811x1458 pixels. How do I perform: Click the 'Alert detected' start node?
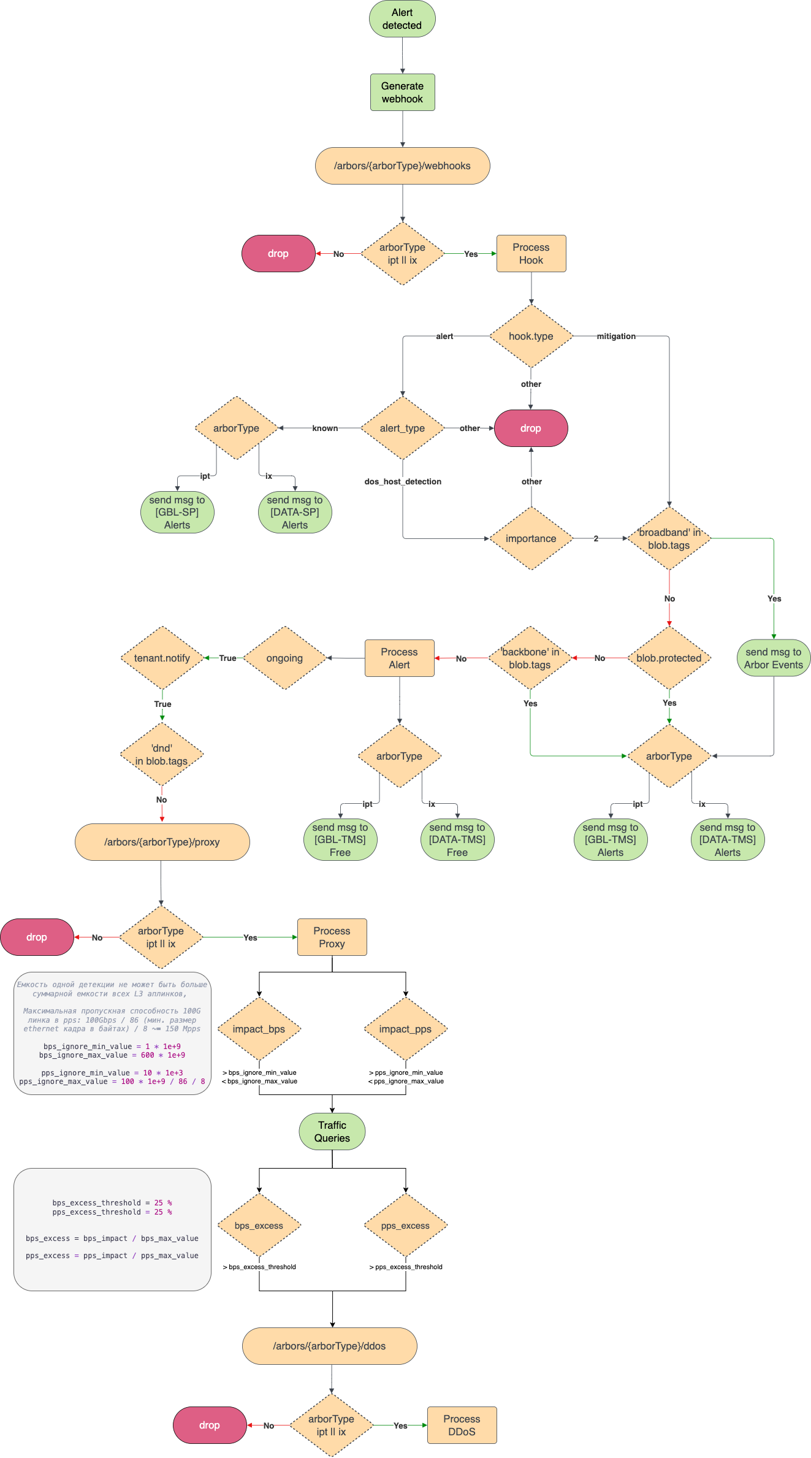tap(402, 19)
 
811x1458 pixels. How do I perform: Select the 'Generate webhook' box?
tap(402, 93)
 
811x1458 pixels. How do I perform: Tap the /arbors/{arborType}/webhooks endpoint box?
tap(402, 166)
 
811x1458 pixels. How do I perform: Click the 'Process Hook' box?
tap(531, 254)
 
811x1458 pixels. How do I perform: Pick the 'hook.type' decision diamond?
tap(531, 336)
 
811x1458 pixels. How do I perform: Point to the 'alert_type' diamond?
tap(402, 428)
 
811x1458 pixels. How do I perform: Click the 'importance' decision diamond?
tap(531, 538)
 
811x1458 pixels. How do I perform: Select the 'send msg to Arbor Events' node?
tap(773, 658)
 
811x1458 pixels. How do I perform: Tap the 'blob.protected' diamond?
tap(669, 658)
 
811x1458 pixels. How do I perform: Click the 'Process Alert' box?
tap(399, 658)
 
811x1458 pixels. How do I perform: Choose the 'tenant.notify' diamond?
tap(162, 658)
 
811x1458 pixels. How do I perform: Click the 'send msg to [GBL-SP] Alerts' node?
tap(177, 513)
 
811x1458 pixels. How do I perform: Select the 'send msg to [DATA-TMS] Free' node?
tap(457, 840)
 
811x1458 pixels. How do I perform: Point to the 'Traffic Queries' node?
tap(332, 1132)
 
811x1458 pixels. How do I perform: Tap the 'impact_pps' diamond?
tap(405, 1029)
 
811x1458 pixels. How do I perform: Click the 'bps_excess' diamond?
tap(259, 1226)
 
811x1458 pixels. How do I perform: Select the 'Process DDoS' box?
tap(462, 1426)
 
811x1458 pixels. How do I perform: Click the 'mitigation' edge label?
tap(616, 336)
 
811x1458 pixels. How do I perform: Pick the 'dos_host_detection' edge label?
tap(403, 481)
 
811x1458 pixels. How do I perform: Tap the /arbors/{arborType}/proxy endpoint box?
tap(162, 842)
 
